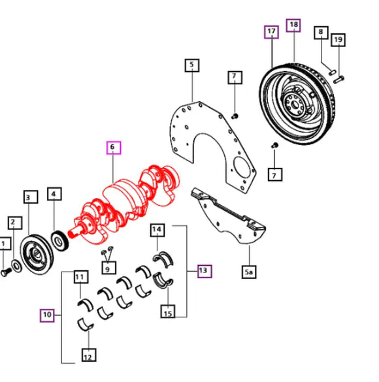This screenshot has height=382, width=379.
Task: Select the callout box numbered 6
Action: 112,148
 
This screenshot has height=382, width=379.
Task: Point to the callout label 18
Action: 293,25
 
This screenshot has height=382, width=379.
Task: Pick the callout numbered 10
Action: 46,315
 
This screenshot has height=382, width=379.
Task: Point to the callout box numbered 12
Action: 87,356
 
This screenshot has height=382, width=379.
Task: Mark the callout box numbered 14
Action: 157,230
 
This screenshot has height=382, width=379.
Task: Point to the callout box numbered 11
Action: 79,277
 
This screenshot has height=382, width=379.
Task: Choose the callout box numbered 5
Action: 191,65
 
